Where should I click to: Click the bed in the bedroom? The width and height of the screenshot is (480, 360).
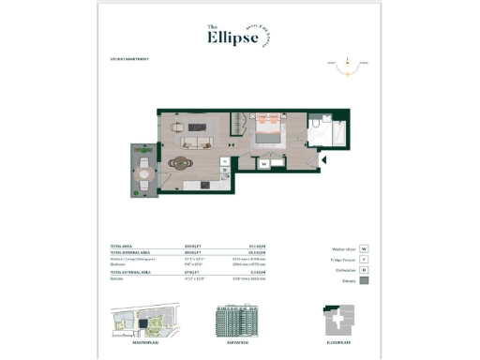(266, 134)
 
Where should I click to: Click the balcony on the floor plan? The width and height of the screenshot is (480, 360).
(144, 172)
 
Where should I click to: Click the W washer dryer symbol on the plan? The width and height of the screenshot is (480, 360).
(264, 163)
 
